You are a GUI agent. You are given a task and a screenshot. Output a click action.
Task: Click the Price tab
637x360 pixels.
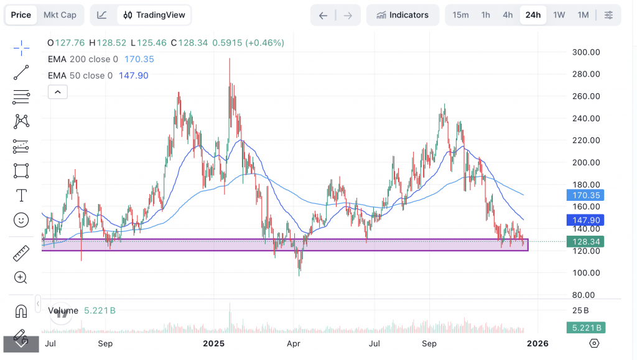(x=21, y=15)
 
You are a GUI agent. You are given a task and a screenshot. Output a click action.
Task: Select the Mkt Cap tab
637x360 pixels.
(x=60, y=15)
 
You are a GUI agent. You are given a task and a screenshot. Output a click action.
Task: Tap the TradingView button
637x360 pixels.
(x=154, y=15)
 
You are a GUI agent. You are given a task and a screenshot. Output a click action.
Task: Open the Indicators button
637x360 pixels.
(x=402, y=15)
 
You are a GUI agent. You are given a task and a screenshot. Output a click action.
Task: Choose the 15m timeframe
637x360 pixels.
(x=460, y=15)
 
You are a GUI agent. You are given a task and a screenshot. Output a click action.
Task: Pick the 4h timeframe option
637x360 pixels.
(x=508, y=15)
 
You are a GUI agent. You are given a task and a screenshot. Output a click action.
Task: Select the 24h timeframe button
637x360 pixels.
(x=533, y=15)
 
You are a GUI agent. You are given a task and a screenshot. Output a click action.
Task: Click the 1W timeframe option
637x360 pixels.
(x=559, y=15)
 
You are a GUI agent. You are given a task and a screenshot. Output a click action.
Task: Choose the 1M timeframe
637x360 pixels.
(x=583, y=15)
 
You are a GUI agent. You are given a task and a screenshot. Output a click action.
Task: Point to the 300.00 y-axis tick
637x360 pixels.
(x=586, y=52)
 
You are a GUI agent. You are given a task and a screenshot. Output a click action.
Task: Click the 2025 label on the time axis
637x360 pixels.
(x=213, y=343)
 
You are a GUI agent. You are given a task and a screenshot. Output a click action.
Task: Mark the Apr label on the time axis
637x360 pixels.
(x=294, y=343)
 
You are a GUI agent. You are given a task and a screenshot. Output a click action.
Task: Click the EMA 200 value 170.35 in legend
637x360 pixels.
(x=139, y=59)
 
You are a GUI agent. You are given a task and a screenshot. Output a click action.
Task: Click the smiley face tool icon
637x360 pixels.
(x=21, y=219)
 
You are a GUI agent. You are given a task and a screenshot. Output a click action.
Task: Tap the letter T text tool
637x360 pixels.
(x=21, y=195)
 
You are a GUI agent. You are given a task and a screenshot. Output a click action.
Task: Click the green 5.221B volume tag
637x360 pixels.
(x=585, y=328)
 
